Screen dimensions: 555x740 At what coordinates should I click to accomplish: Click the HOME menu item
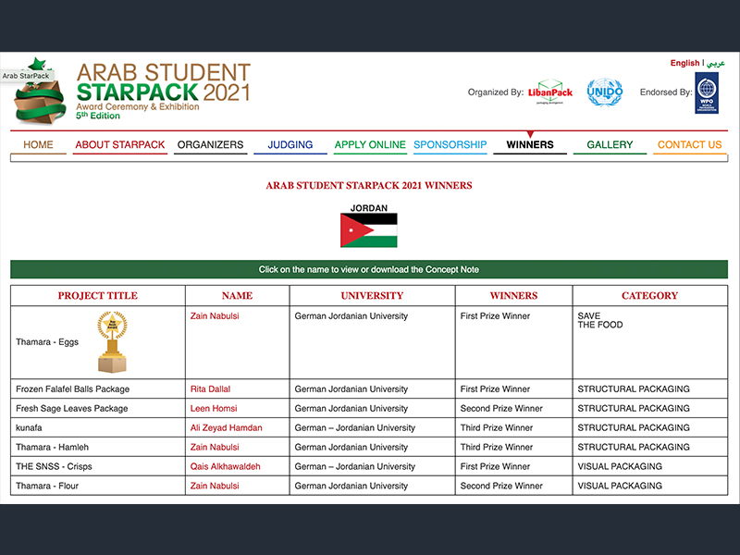point(38,145)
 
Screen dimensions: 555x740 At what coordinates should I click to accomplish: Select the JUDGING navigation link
point(290,145)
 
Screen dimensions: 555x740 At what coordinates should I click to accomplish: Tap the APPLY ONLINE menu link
point(370,145)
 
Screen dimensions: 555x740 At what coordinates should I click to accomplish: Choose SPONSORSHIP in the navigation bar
point(450,145)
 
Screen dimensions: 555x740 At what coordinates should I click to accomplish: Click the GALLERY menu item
point(610,145)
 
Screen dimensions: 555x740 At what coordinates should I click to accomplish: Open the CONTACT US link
point(689,145)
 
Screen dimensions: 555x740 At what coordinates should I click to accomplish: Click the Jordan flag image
point(369,230)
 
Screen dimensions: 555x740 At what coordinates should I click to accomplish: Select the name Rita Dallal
point(210,389)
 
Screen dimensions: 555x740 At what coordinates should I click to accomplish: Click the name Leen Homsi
point(213,409)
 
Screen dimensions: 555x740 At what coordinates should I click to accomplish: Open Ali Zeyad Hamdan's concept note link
point(226,428)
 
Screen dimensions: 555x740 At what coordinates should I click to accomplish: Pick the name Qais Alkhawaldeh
point(225,467)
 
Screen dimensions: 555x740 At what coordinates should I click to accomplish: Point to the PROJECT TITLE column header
point(97,296)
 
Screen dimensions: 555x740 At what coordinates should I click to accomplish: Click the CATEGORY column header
point(649,296)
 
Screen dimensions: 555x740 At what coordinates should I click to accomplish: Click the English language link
point(684,64)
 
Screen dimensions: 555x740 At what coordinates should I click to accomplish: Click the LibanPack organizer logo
point(550,92)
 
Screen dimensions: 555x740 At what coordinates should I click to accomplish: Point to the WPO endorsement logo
point(707,93)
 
